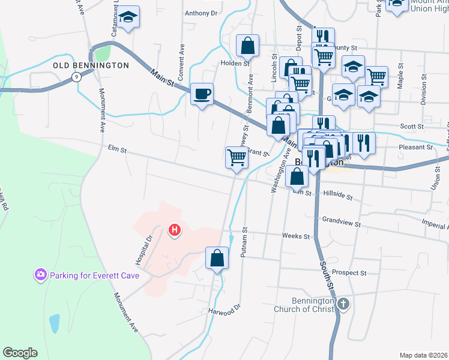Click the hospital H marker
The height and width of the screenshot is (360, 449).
click(x=175, y=230)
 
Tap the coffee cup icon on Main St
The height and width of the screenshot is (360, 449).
click(x=202, y=94)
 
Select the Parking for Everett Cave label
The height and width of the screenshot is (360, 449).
click(x=94, y=276)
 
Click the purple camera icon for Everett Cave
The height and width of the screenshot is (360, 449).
click(x=41, y=275)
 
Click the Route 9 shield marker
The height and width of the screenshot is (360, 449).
click(x=76, y=76)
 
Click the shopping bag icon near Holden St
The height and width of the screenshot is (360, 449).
click(x=247, y=45)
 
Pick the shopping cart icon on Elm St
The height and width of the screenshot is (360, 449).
click(x=237, y=158)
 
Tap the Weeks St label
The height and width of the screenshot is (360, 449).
click(x=295, y=236)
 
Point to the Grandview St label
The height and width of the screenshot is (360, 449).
click(x=341, y=224)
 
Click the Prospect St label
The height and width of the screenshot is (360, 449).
click(x=349, y=272)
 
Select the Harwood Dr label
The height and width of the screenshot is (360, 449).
click(x=224, y=311)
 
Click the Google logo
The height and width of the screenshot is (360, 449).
click(x=20, y=353)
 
